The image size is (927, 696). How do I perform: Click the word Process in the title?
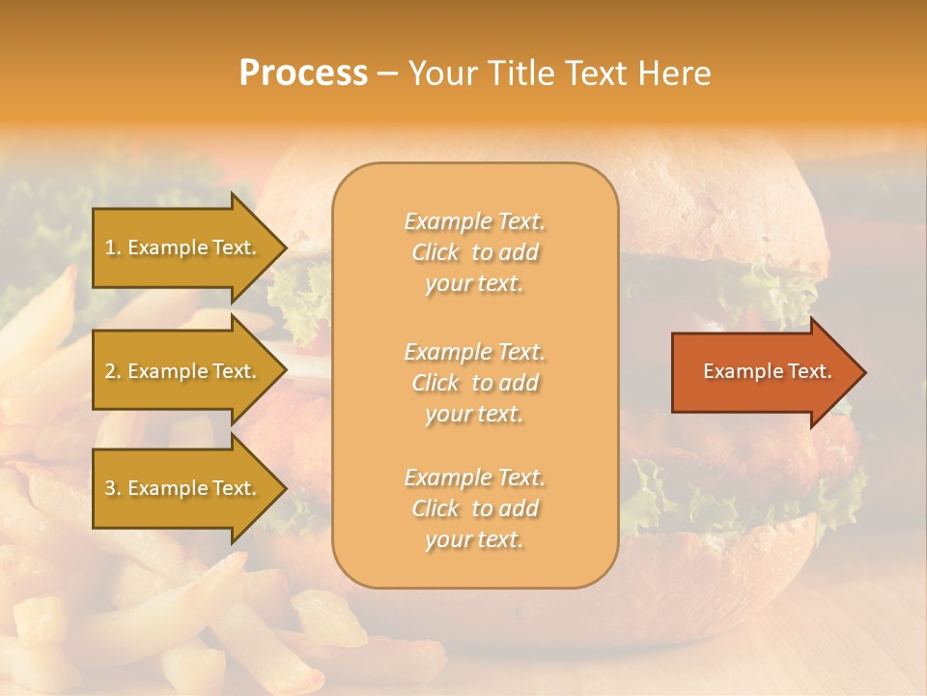(x=303, y=73)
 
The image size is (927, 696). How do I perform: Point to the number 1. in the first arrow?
(x=112, y=247)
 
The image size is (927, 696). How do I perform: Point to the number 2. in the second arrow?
(x=112, y=371)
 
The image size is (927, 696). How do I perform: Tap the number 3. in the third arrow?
(x=112, y=488)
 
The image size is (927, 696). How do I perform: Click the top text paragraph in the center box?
(x=474, y=252)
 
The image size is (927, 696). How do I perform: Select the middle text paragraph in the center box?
(x=474, y=383)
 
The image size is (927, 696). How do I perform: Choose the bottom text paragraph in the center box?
(x=474, y=508)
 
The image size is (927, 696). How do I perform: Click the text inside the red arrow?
(x=767, y=371)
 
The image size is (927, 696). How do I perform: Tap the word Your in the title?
(x=444, y=73)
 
